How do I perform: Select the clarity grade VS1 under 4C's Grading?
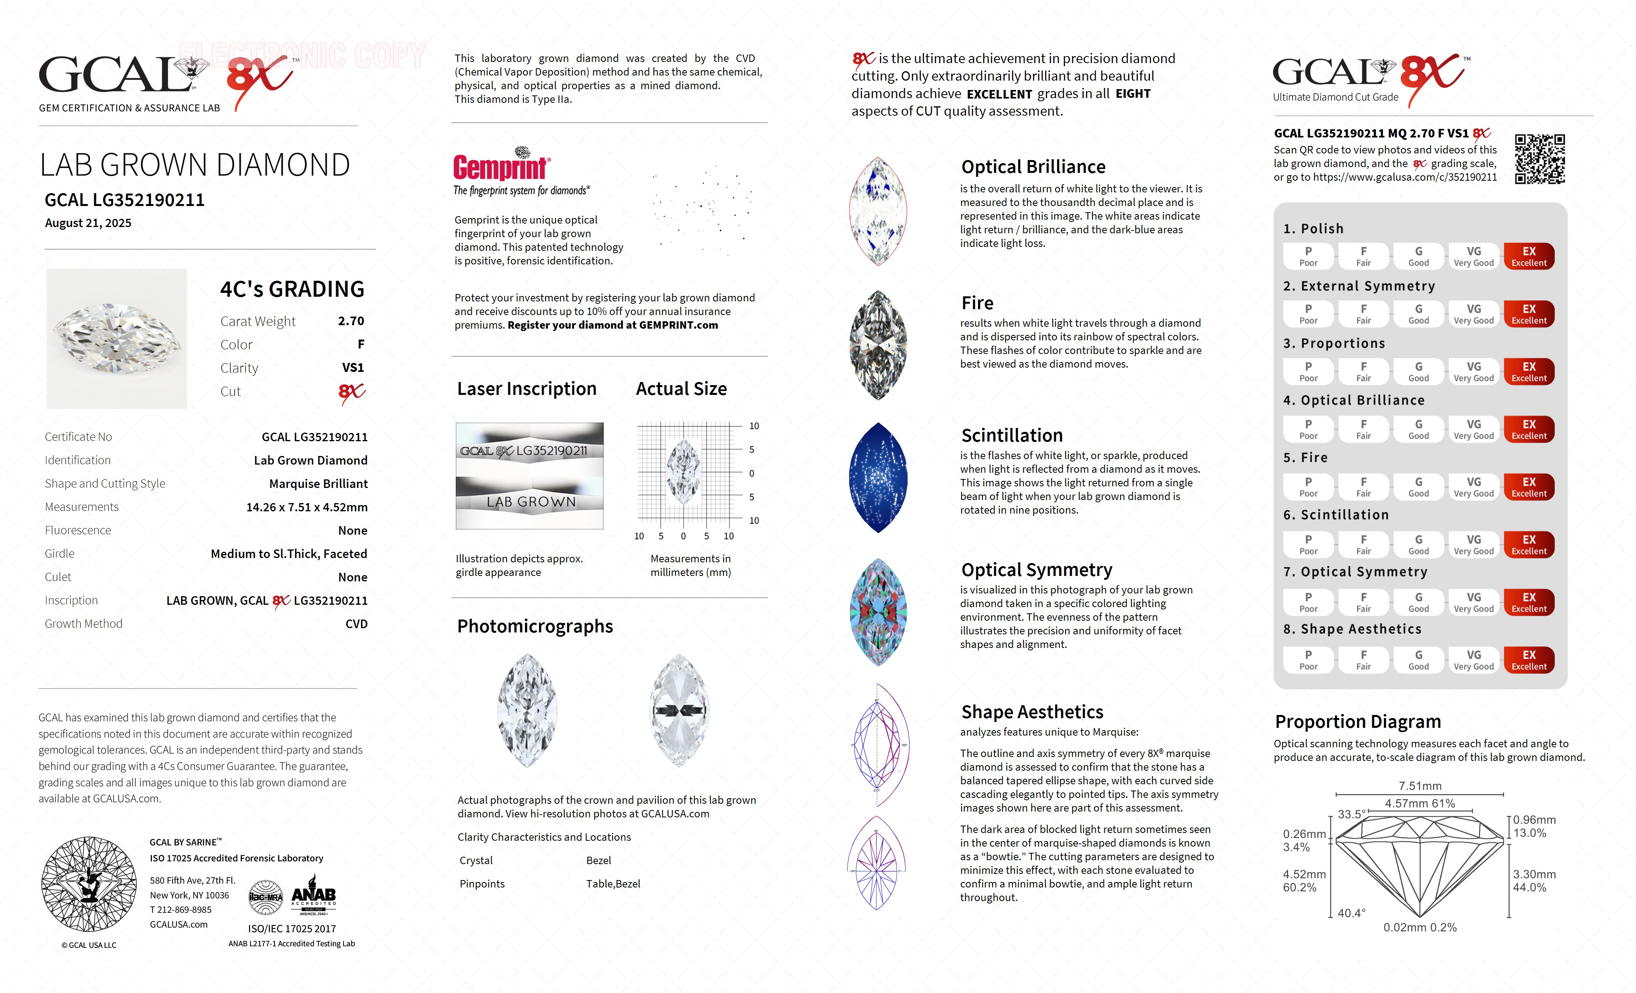tap(353, 368)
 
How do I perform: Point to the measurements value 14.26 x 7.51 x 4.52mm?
tap(307, 507)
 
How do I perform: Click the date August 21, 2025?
tap(88, 223)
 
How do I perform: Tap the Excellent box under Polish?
tap(1528, 256)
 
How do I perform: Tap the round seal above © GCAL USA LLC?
tap(88, 884)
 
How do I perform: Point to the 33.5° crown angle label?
tap(1351, 814)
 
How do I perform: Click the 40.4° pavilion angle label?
tap(1351, 913)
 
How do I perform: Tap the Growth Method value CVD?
tap(356, 624)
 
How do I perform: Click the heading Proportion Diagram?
tap(1358, 722)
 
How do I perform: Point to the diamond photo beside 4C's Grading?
tap(117, 338)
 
